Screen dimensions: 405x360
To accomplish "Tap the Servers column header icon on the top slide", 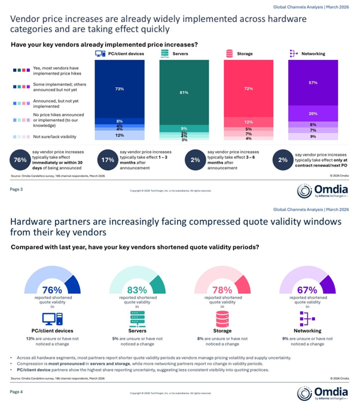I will (164, 54).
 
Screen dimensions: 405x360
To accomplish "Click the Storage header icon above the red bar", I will (229, 54).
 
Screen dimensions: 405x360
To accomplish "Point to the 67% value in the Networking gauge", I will (307, 289).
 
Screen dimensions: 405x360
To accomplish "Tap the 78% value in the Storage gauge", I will (221, 289).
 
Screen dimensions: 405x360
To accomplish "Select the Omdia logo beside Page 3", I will (322, 191).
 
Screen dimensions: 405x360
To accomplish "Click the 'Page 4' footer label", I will (16, 392).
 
